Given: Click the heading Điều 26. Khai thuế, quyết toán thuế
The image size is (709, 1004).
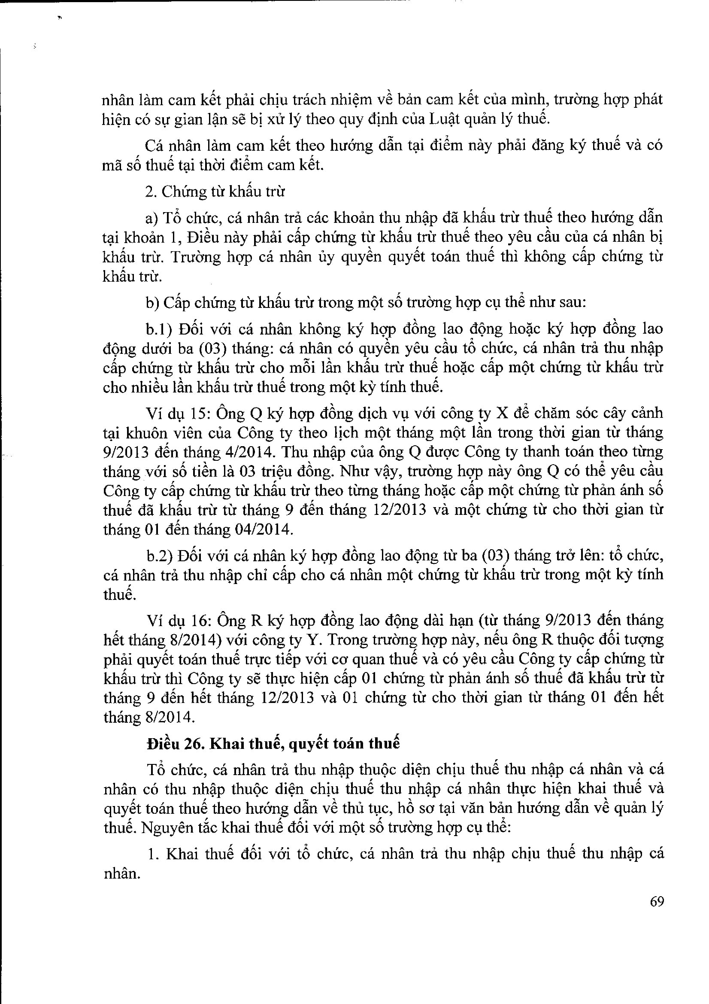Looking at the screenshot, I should coord(273,743).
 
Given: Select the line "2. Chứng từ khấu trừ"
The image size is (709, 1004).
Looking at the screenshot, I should coord(215,192).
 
